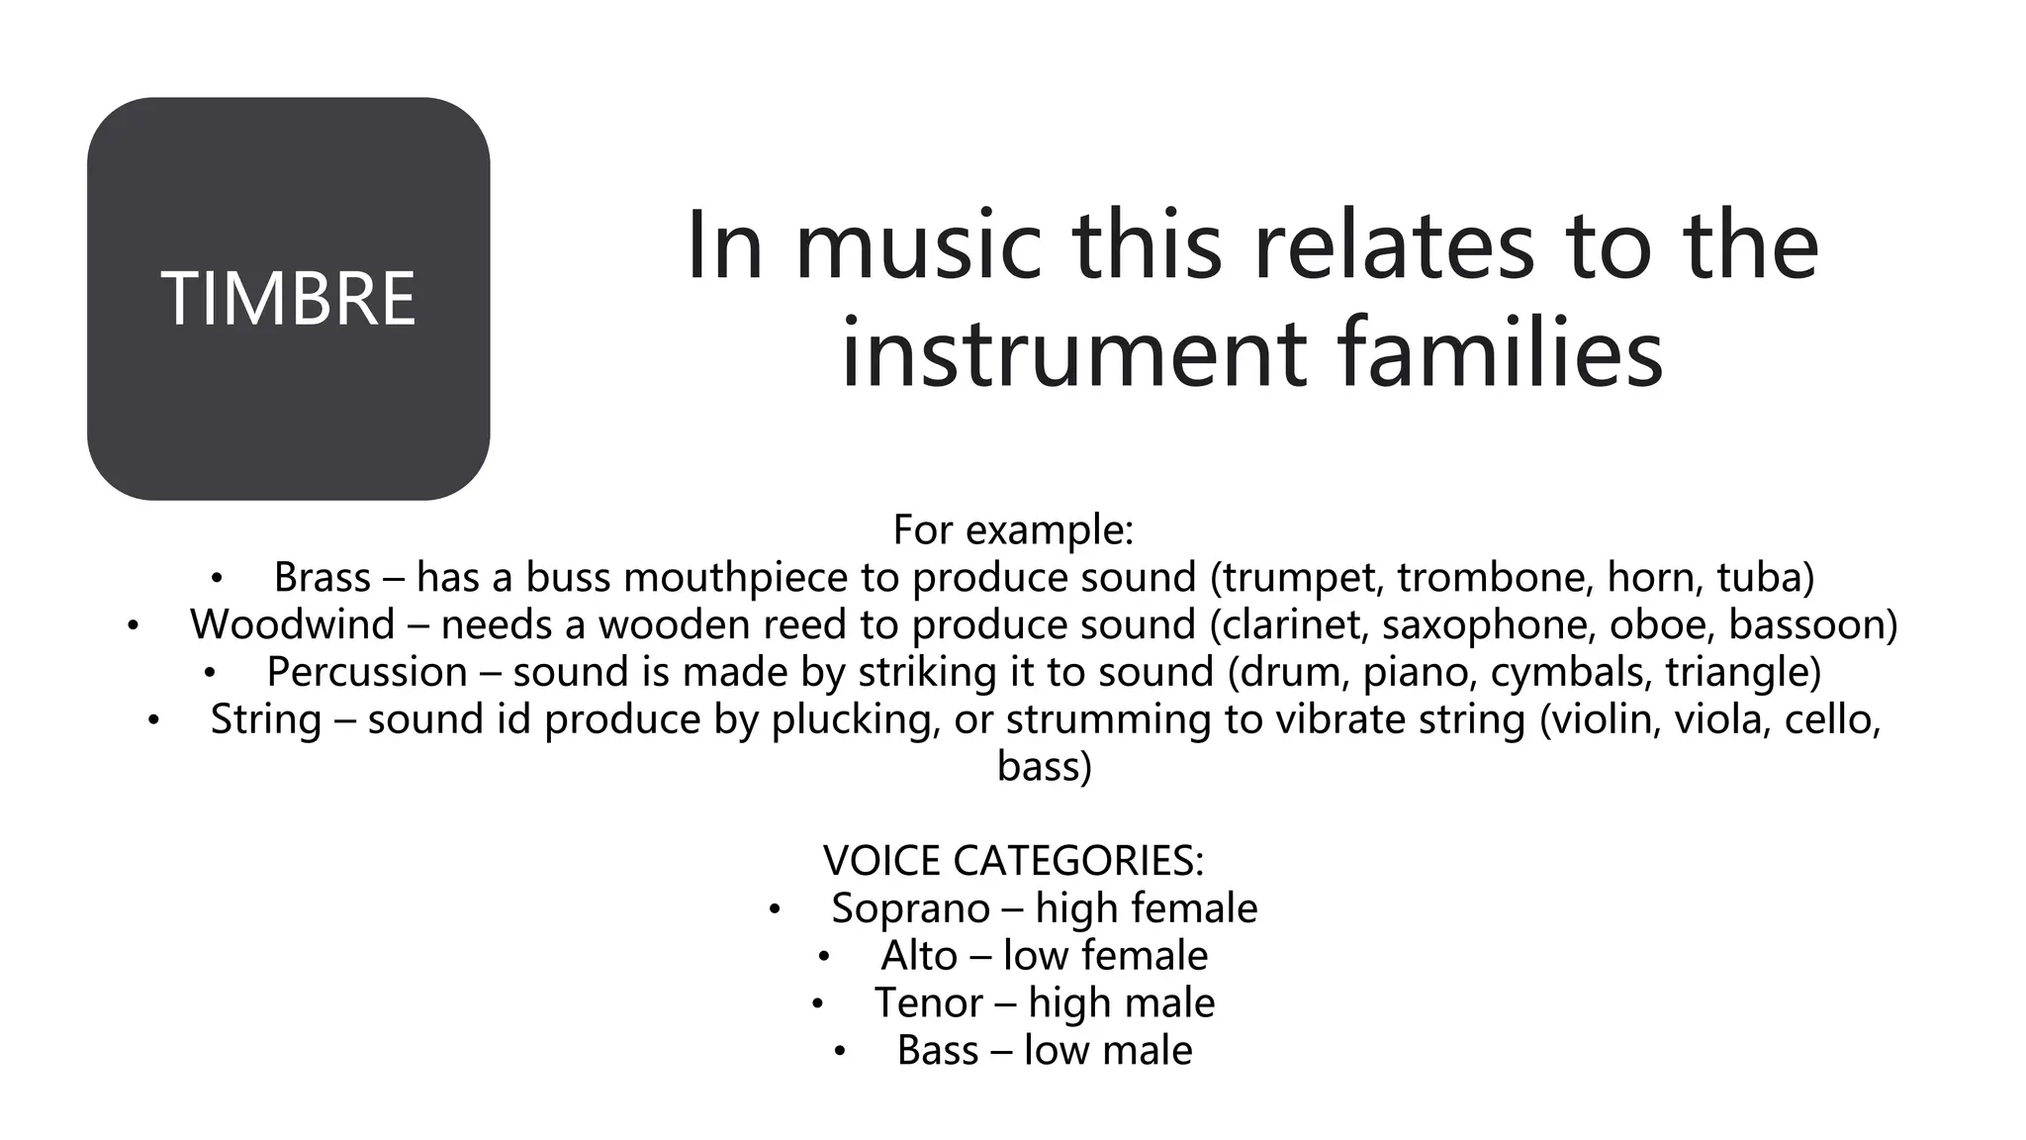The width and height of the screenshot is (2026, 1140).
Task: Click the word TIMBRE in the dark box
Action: point(288,299)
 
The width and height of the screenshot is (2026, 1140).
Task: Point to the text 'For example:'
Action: point(1013,529)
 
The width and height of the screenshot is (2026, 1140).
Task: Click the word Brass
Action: point(322,577)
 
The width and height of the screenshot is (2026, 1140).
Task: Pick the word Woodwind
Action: point(292,624)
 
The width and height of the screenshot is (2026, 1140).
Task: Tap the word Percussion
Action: point(367,672)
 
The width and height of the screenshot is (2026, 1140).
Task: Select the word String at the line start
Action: point(266,719)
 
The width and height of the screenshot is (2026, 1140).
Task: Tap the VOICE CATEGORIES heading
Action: point(1013,860)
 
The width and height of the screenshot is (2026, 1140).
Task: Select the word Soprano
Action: point(910,908)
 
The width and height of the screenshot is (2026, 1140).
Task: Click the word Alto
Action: point(919,956)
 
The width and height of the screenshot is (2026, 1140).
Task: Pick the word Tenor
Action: point(928,1003)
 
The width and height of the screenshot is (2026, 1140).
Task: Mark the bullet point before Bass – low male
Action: point(839,1052)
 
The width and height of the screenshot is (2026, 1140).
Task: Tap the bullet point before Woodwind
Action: point(133,625)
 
